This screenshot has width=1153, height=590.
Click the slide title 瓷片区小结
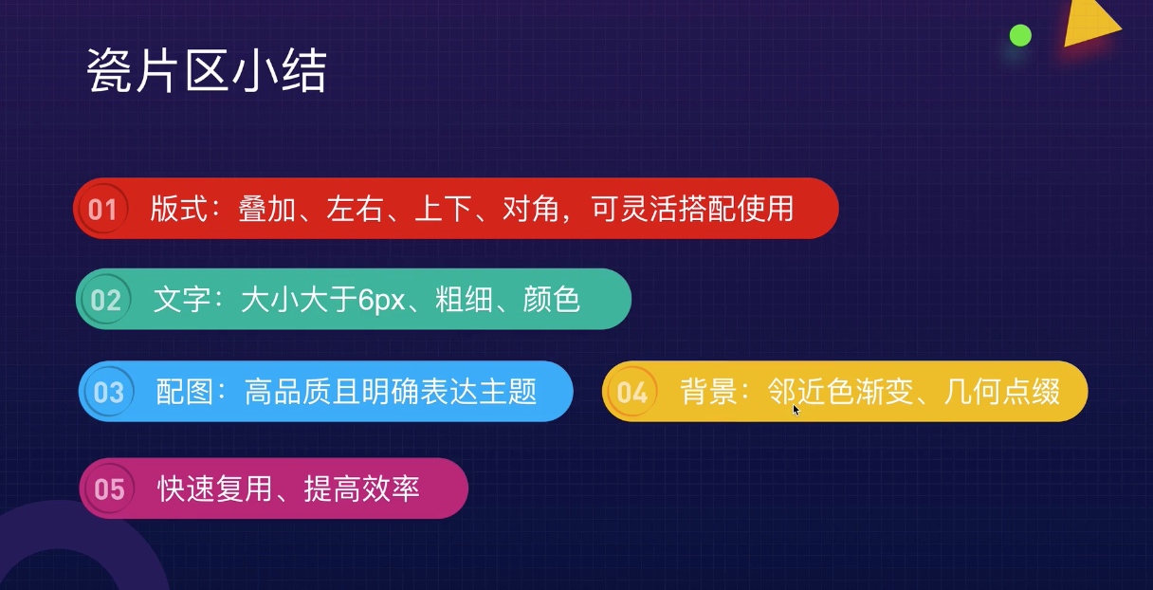(x=207, y=70)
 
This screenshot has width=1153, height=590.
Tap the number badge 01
(x=102, y=209)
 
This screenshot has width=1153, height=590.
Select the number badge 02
(x=105, y=300)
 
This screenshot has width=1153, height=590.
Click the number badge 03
(x=109, y=393)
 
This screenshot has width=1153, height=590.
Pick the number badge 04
(x=632, y=393)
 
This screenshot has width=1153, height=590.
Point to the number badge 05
(x=109, y=489)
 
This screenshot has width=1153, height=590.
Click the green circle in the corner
(x=1020, y=35)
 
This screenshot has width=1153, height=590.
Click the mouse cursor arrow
(x=796, y=410)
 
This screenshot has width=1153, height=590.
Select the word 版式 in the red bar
(x=178, y=209)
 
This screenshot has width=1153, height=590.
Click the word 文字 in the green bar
(x=182, y=300)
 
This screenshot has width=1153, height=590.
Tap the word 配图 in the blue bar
(x=184, y=392)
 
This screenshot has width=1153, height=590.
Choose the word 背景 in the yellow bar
(x=708, y=392)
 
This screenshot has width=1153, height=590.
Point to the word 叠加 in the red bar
(x=267, y=209)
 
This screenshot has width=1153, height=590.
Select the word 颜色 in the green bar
(x=551, y=300)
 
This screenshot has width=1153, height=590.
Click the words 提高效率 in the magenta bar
(x=362, y=489)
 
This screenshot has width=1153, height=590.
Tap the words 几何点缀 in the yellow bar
(x=1002, y=392)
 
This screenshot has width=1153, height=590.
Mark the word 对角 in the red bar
(x=531, y=209)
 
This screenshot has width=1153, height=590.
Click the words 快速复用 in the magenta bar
(x=215, y=489)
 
